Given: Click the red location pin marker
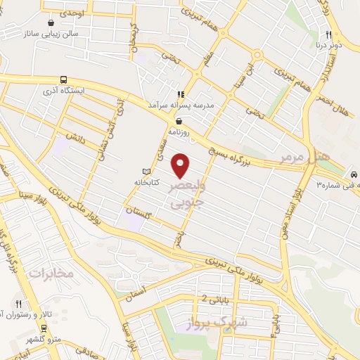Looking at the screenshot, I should tap(181, 165).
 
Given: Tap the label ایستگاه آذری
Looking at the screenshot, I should tap(83, 91).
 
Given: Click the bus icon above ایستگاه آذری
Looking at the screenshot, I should tap(64, 79).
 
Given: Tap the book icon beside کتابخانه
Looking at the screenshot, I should tap(146, 171).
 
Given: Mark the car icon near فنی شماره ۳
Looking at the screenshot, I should tap(353, 172).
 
